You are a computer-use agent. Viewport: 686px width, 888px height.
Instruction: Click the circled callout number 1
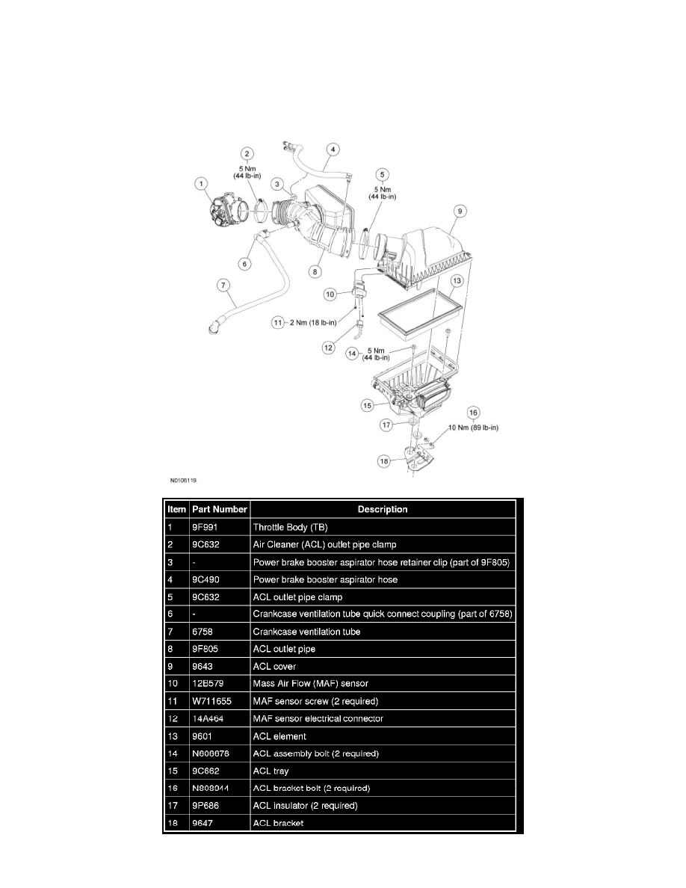tap(200, 182)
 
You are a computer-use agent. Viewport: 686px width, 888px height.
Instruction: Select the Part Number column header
tap(219, 509)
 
